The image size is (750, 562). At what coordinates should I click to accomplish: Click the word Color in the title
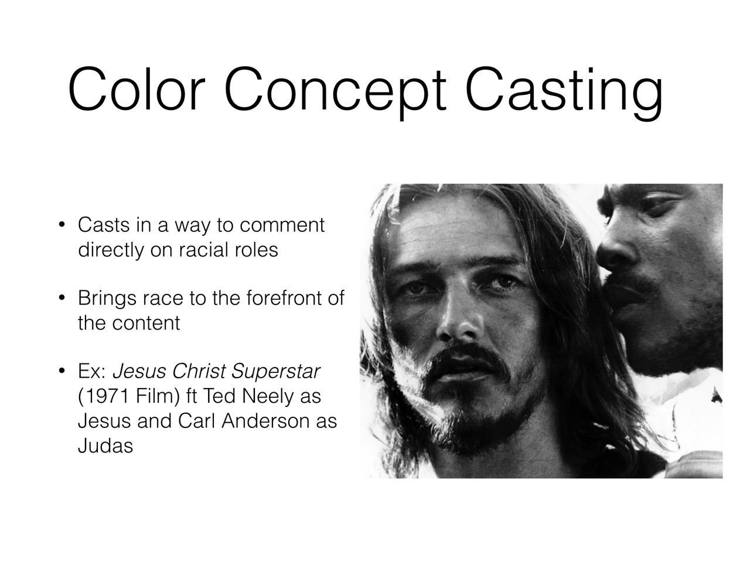coord(137,89)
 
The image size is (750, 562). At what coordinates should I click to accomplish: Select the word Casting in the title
coord(564,94)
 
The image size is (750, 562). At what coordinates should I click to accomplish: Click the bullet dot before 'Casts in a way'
coord(62,225)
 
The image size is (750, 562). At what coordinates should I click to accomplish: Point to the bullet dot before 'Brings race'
coord(62,298)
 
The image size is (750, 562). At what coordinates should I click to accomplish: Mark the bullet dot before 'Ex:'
coord(62,371)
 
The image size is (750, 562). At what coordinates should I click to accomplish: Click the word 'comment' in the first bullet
coord(282,225)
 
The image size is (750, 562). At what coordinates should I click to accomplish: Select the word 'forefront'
coord(283,298)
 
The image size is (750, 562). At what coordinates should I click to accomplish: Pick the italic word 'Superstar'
coord(276,372)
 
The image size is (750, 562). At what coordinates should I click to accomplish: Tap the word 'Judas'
coord(105,446)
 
